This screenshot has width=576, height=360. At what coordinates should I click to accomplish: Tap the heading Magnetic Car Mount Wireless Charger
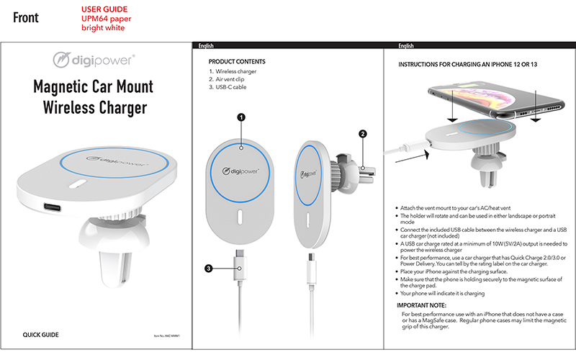tap(94, 97)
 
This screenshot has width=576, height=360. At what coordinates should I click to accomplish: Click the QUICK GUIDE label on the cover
tap(40, 336)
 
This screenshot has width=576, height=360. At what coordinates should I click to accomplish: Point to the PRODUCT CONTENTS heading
tap(236, 62)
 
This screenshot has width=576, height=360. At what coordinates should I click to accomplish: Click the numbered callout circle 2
tap(363, 133)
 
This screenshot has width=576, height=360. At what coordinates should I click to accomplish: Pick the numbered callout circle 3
tap(209, 269)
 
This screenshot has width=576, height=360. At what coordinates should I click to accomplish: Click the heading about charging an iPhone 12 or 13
tap(468, 65)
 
